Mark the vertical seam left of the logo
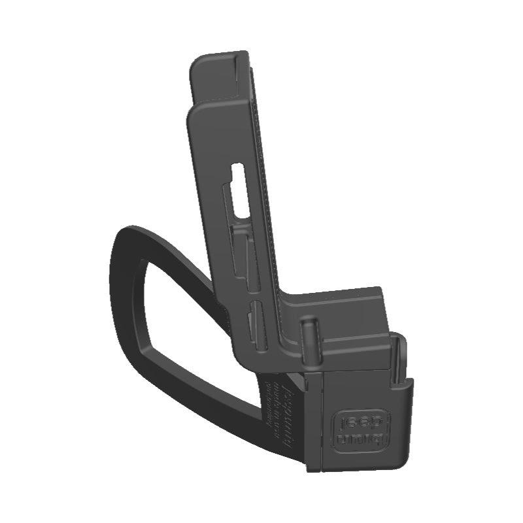click(x=323, y=418)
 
